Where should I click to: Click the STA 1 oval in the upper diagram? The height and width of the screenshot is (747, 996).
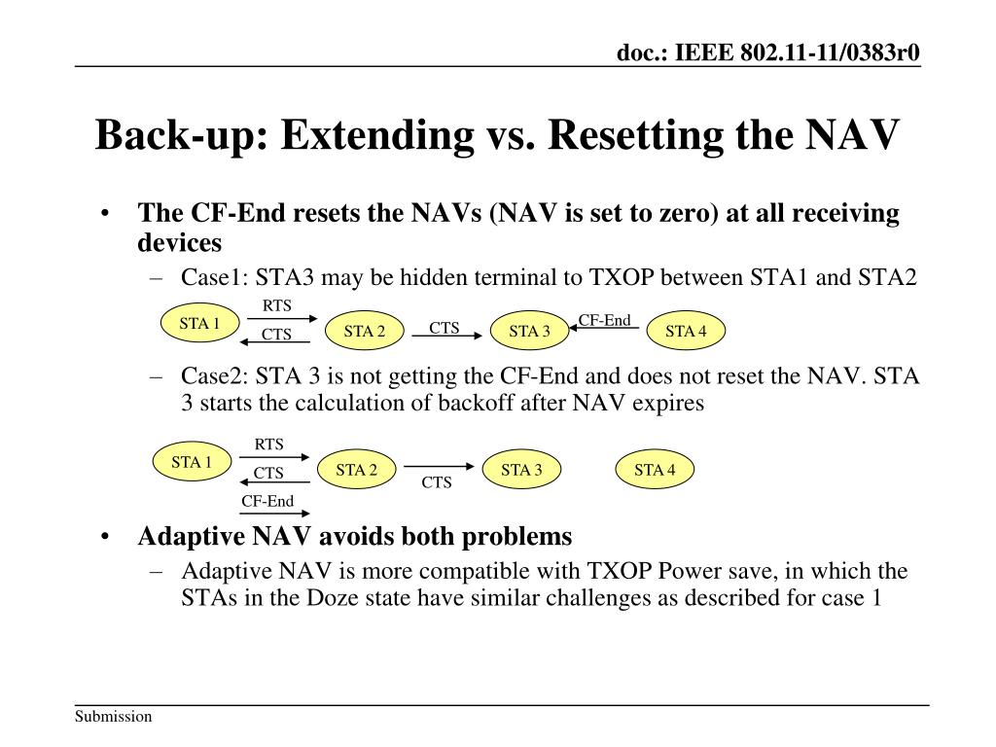coord(199,324)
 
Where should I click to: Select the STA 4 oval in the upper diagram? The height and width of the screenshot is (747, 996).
coord(686,332)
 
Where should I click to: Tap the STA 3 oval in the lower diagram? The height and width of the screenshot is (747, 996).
coord(521,471)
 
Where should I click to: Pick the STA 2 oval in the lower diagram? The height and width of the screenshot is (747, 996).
coord(357,471)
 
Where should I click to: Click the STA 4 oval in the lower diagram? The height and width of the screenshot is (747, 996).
coord(656,471)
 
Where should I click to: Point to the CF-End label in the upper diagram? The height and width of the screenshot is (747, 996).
coord(605,320)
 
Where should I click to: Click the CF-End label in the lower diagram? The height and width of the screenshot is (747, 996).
coord(267,502)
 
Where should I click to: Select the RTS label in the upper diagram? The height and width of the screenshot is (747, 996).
coord(277,306)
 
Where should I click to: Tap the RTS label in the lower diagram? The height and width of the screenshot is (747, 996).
coord(269,445)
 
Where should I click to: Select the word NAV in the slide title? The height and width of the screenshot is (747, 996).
coord(853,135)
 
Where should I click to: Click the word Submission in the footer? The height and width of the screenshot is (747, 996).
coord(114,717)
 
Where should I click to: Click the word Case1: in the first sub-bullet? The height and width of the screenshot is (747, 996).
coord(213,277)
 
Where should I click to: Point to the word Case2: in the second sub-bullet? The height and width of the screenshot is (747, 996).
coord(213,376)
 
